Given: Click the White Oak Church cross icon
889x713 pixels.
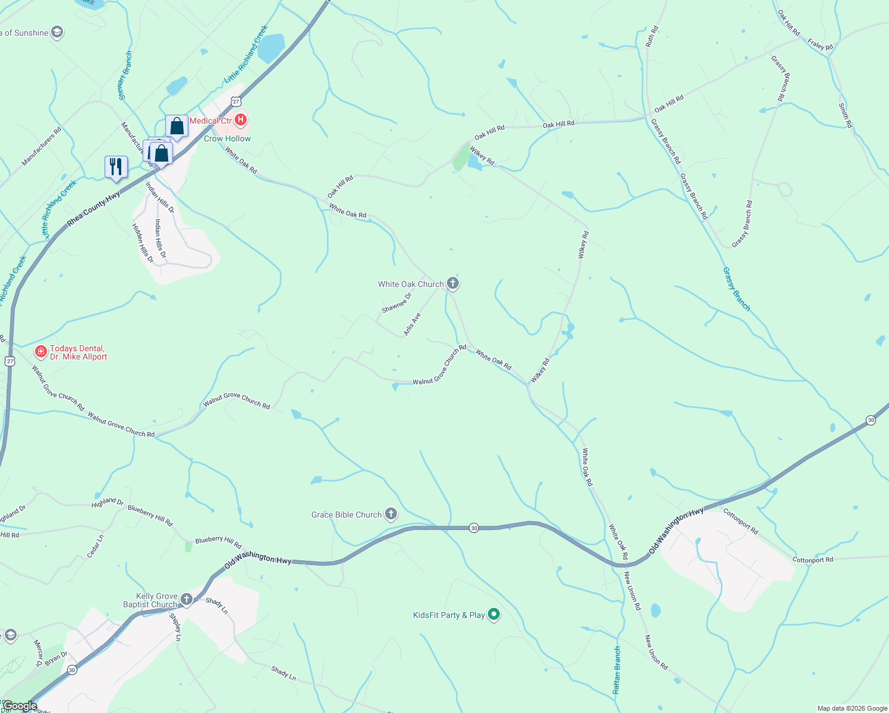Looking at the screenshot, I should pyautogui.click(x=453, y=283).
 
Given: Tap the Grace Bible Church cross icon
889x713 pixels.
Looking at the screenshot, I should pyautogui.click(x=390, y=514).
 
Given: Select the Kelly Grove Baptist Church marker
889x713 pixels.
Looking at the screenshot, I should pyautogui.click(x=187, y=600).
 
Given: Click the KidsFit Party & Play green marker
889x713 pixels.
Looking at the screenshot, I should pyautogui.click(x=493, y=614).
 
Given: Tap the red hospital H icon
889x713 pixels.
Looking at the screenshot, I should pyautogui.click(x=241, y=120).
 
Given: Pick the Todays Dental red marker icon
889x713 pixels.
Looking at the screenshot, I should pyautogui.click(x=41, y=352).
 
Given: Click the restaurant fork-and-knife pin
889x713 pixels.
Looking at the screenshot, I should pyautogui.click(x=116, y=167).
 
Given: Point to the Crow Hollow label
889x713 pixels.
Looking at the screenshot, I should pyautogui.click(x=227, y=138).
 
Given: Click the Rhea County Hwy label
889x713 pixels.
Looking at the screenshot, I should pyautogui.click(x=93, y=209).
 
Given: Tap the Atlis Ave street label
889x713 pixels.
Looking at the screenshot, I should pyautogui.click(x=412, y=324).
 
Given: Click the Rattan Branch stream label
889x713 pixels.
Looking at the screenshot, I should pyautogui.click(x=616, y=670).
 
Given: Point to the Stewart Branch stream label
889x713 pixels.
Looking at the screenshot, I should pyautogui.click(x=125, y=75).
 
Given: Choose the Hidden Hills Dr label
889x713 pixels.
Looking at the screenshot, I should pyautogui.click(x=143, y=244).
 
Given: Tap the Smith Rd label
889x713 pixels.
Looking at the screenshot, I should pyautogui.click(x=845, y=115).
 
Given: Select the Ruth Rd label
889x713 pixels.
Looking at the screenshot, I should pyautogui.click(x=652, y=36).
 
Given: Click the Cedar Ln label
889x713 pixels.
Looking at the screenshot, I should pyautogui.click(x=95, y=546).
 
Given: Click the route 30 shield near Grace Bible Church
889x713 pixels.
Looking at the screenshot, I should pyautogui.click(x=474, y=528).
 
